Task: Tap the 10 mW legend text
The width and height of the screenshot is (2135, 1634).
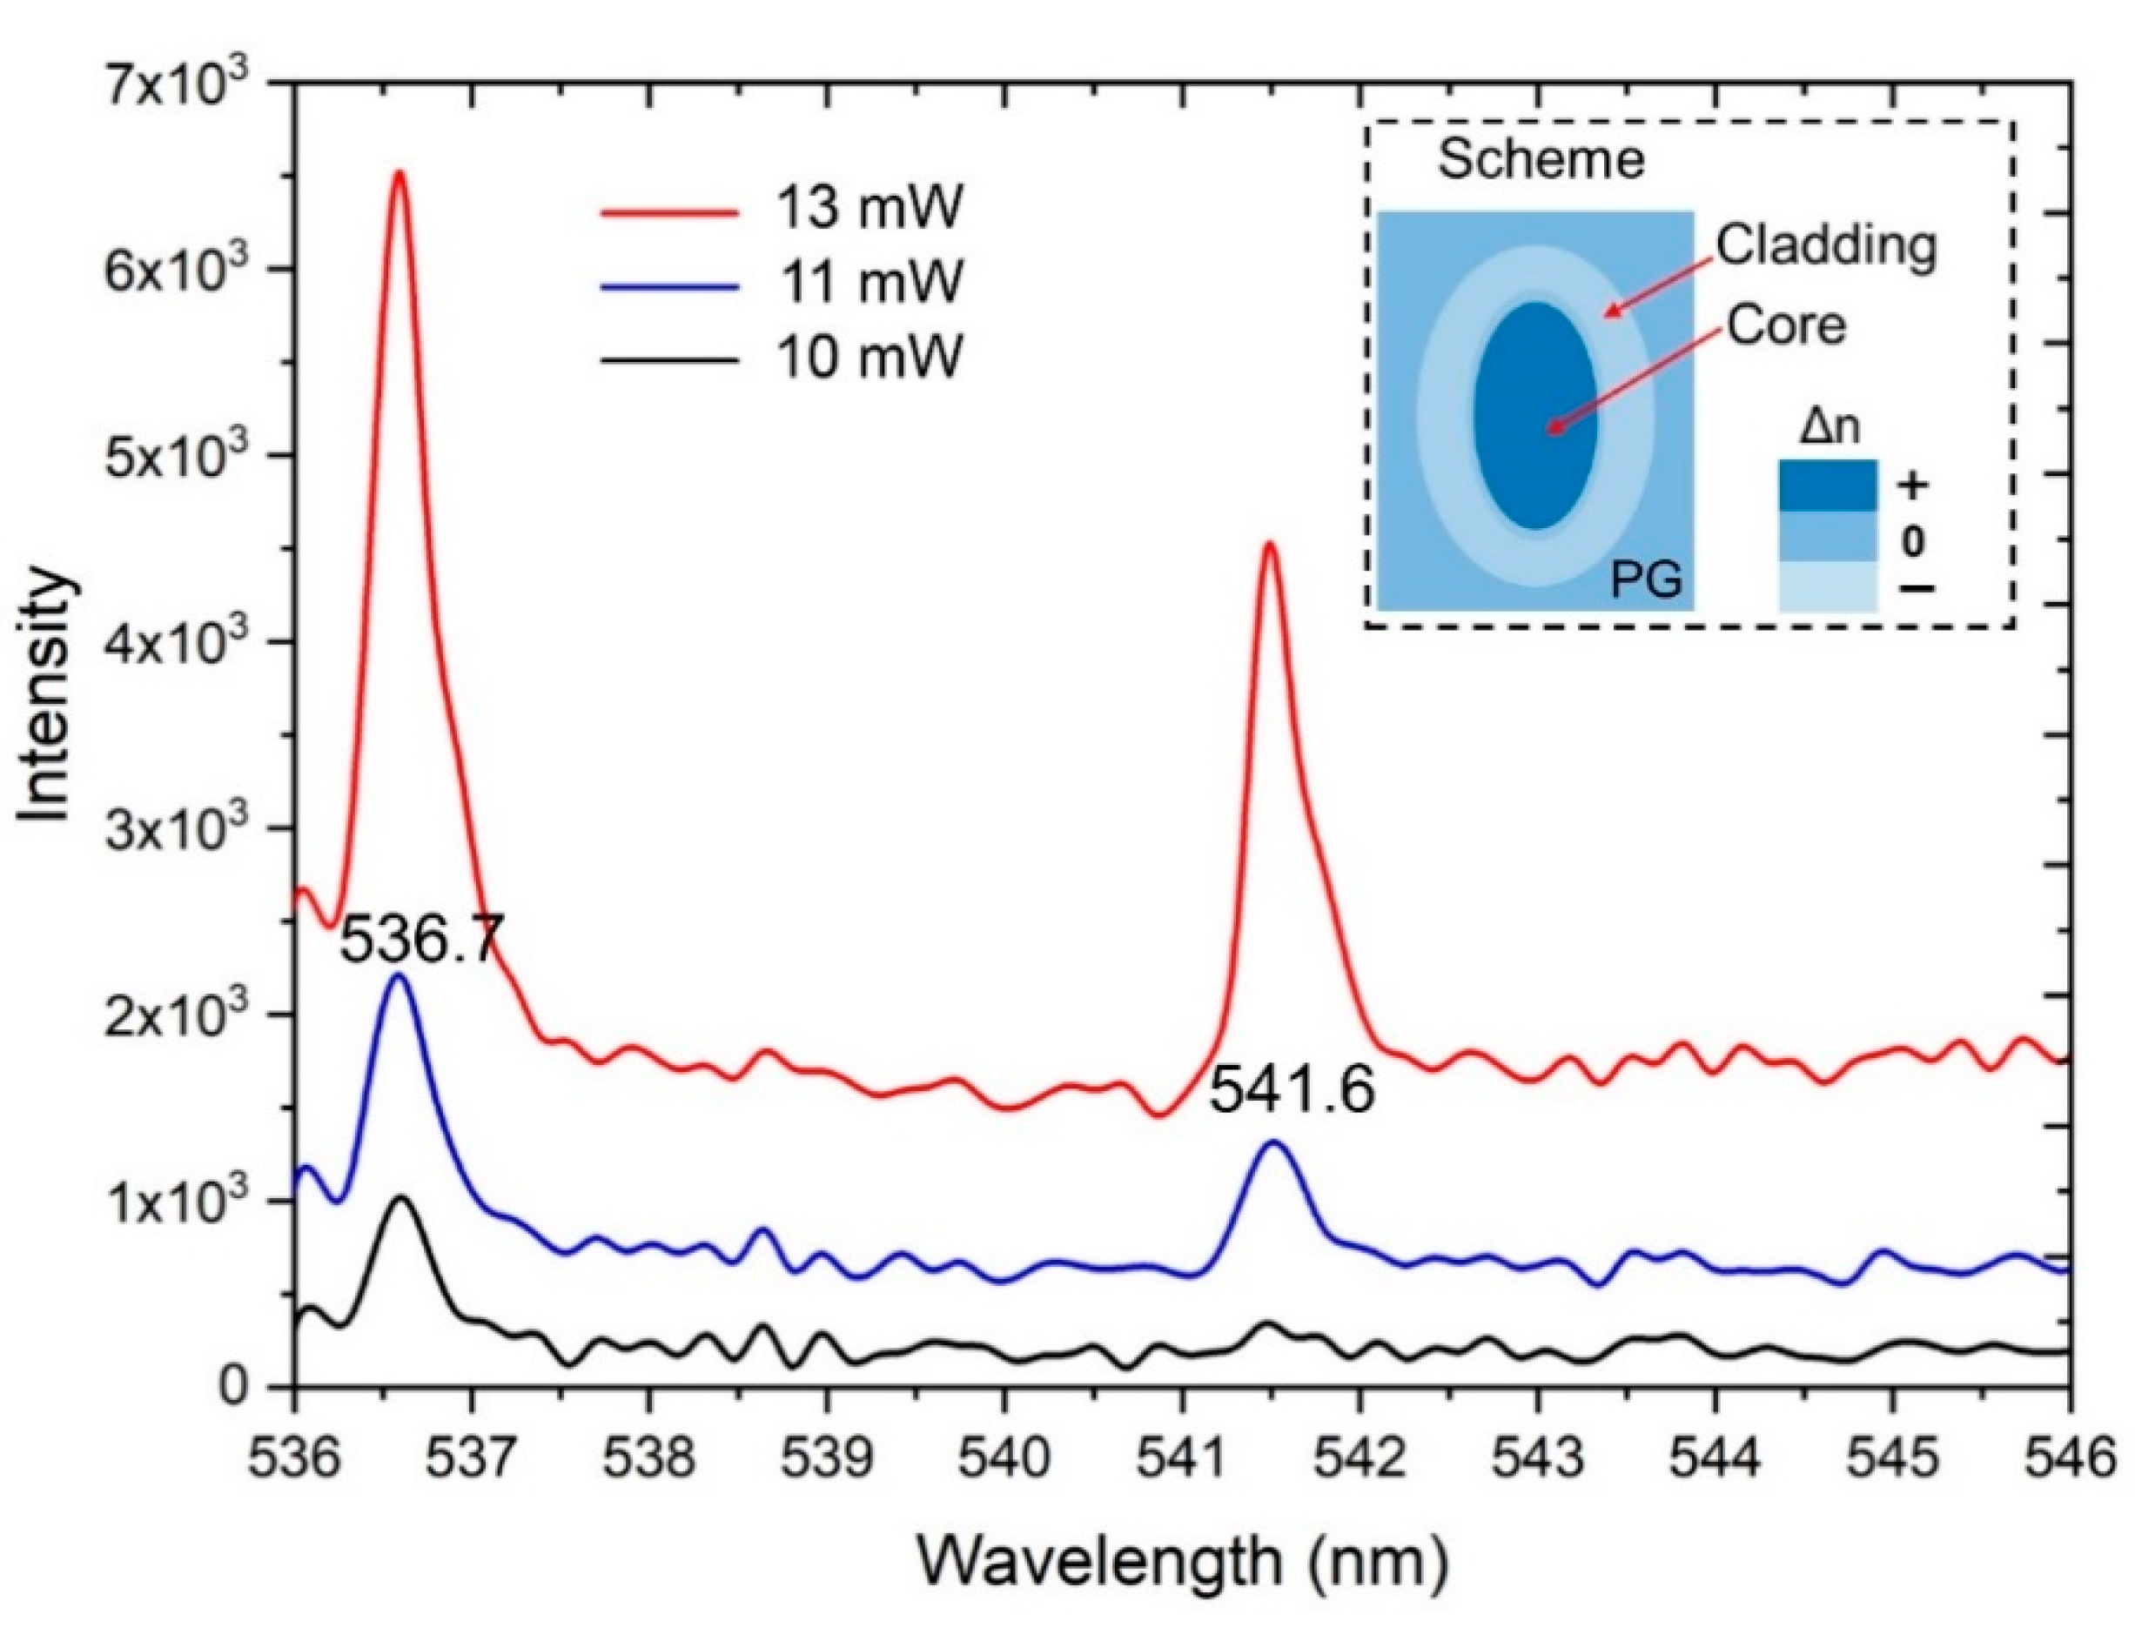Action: [x=869, y=358]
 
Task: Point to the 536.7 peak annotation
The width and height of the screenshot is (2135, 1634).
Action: [x=420, y=941]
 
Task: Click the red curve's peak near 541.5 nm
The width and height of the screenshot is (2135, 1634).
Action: [x=1268, y=545]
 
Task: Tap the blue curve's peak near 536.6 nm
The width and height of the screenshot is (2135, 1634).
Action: [x=398, y=976]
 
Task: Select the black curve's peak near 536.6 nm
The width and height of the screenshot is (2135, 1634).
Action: [x=400, y=1199]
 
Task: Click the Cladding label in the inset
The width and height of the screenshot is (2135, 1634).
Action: [x=1825, y=247]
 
